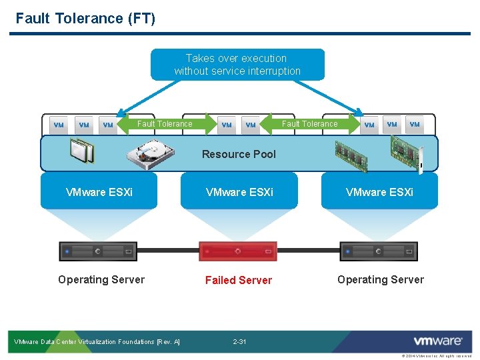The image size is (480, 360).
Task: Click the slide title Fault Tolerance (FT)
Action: coord(85,18)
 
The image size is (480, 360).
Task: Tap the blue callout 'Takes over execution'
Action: coord(237,65)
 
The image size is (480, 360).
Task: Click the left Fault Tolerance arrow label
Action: coord(164,124)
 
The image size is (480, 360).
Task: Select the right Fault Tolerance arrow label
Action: coord(309,124)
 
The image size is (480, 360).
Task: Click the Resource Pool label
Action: coord(239,154)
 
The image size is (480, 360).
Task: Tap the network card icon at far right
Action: coord(406,152)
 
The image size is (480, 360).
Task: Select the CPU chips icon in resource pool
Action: coord(82,151)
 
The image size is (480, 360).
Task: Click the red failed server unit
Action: coord(238,251)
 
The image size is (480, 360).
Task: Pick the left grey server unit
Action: coord(98,251)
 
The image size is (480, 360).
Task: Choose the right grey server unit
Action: coord(379,251)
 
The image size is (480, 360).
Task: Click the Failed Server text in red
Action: coord(238,280)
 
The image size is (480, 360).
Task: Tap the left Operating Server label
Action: coord(101,279)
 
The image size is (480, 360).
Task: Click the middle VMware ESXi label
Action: coord(239,192)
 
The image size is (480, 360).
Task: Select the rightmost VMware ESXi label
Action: coord(379,192)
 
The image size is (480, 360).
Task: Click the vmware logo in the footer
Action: coord(437,341)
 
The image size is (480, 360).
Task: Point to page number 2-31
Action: coord(239,342)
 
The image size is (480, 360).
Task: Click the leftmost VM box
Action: coord(59,125)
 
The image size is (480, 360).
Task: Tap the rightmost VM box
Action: coord(415,124)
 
